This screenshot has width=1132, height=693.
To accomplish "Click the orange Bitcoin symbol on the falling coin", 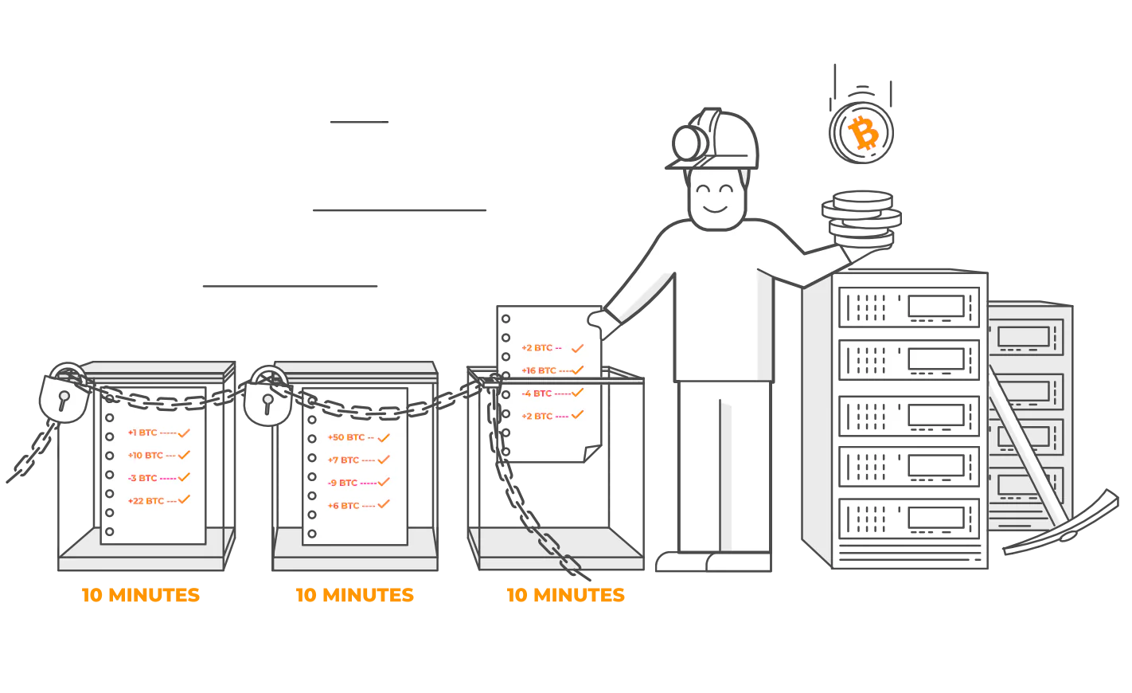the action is point(863,133).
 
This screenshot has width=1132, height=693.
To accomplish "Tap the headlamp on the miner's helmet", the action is point(689,143).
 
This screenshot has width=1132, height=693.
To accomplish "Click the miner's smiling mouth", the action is point(715,209).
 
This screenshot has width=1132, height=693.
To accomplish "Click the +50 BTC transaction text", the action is point(346,437).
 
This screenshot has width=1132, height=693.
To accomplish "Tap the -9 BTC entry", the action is point(342,483).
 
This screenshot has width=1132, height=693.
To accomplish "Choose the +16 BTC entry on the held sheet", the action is point(539,370).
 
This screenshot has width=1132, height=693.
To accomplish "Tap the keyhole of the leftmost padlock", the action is point(64,401).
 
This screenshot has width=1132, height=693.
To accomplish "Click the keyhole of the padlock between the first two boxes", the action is point(267,404).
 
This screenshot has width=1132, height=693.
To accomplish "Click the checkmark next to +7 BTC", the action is point(384,460).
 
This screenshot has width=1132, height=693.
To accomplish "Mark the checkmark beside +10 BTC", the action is point(184,455).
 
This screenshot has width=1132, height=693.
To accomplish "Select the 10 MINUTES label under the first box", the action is point(141,595).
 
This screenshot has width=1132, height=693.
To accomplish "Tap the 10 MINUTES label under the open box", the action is point(566,595).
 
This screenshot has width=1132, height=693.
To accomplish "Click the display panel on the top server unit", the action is point(936,307).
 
